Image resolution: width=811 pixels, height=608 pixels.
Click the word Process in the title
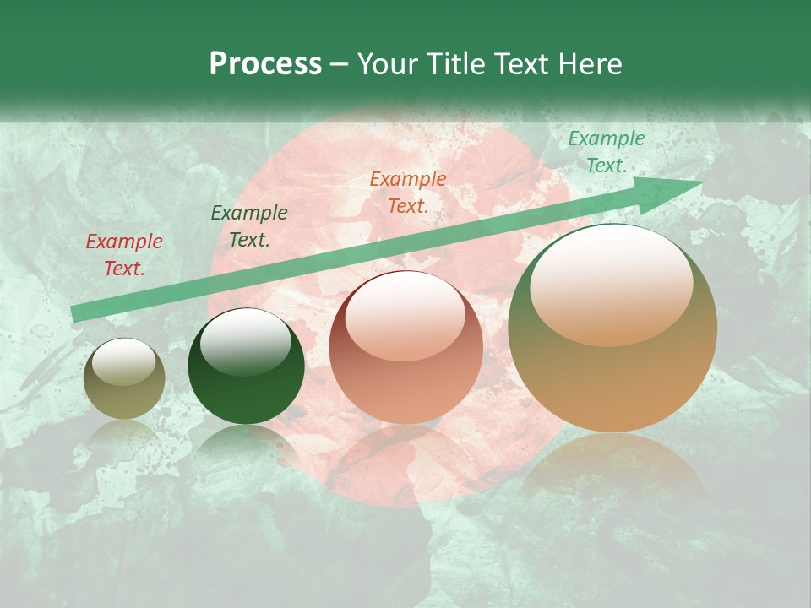coord(265,64)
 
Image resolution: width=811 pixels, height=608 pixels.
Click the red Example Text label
coord(124,255)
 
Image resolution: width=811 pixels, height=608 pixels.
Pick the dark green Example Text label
coord(249,226)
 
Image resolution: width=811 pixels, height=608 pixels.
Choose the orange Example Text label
coord(408,192)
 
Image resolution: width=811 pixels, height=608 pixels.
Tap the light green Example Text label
coord(606,152)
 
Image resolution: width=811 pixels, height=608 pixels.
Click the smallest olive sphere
coord(124,379)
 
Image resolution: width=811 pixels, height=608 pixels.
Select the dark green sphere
coord(246,366)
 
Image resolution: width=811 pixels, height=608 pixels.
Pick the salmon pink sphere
coord(405,348)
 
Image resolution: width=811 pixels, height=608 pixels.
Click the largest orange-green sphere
coord(612,328)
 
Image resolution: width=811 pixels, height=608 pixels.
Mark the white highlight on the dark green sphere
coord(245,343)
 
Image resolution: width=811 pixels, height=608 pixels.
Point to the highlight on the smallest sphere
coord(124,362)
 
